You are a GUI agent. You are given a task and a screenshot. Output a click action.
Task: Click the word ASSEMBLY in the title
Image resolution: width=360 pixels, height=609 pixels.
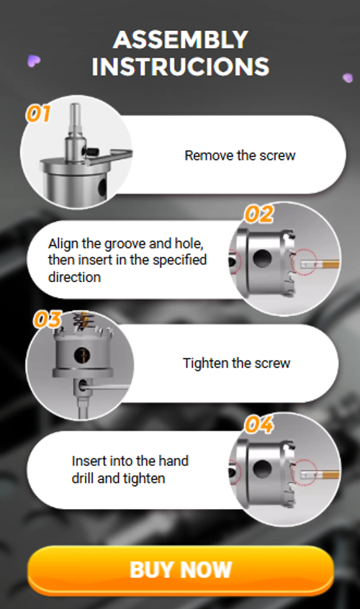click(180, 39)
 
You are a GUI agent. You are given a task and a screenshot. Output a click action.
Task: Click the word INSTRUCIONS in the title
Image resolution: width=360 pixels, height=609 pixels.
click(180, 66)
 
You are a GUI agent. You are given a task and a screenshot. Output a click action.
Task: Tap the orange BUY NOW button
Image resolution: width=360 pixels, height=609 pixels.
click(180, 569)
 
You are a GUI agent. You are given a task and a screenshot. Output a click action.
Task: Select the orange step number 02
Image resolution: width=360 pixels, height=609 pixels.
click(259, 215)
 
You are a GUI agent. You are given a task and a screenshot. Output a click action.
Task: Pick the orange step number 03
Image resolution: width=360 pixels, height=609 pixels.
click(46, 320)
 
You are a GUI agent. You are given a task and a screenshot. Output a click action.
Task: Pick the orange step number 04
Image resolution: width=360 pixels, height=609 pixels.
click(259, 425)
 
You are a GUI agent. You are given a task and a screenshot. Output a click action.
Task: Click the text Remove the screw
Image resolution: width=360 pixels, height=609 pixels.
click(240, 155)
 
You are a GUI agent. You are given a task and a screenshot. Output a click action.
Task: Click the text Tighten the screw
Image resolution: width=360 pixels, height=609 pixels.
click(236, 364)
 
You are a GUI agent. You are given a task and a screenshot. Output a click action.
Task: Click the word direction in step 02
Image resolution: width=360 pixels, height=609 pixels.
click(74, 276)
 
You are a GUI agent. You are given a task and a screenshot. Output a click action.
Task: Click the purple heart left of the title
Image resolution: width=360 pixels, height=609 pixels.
click(32, 61)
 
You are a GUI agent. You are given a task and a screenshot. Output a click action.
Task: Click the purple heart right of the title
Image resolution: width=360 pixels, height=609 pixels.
click(347, 77)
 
